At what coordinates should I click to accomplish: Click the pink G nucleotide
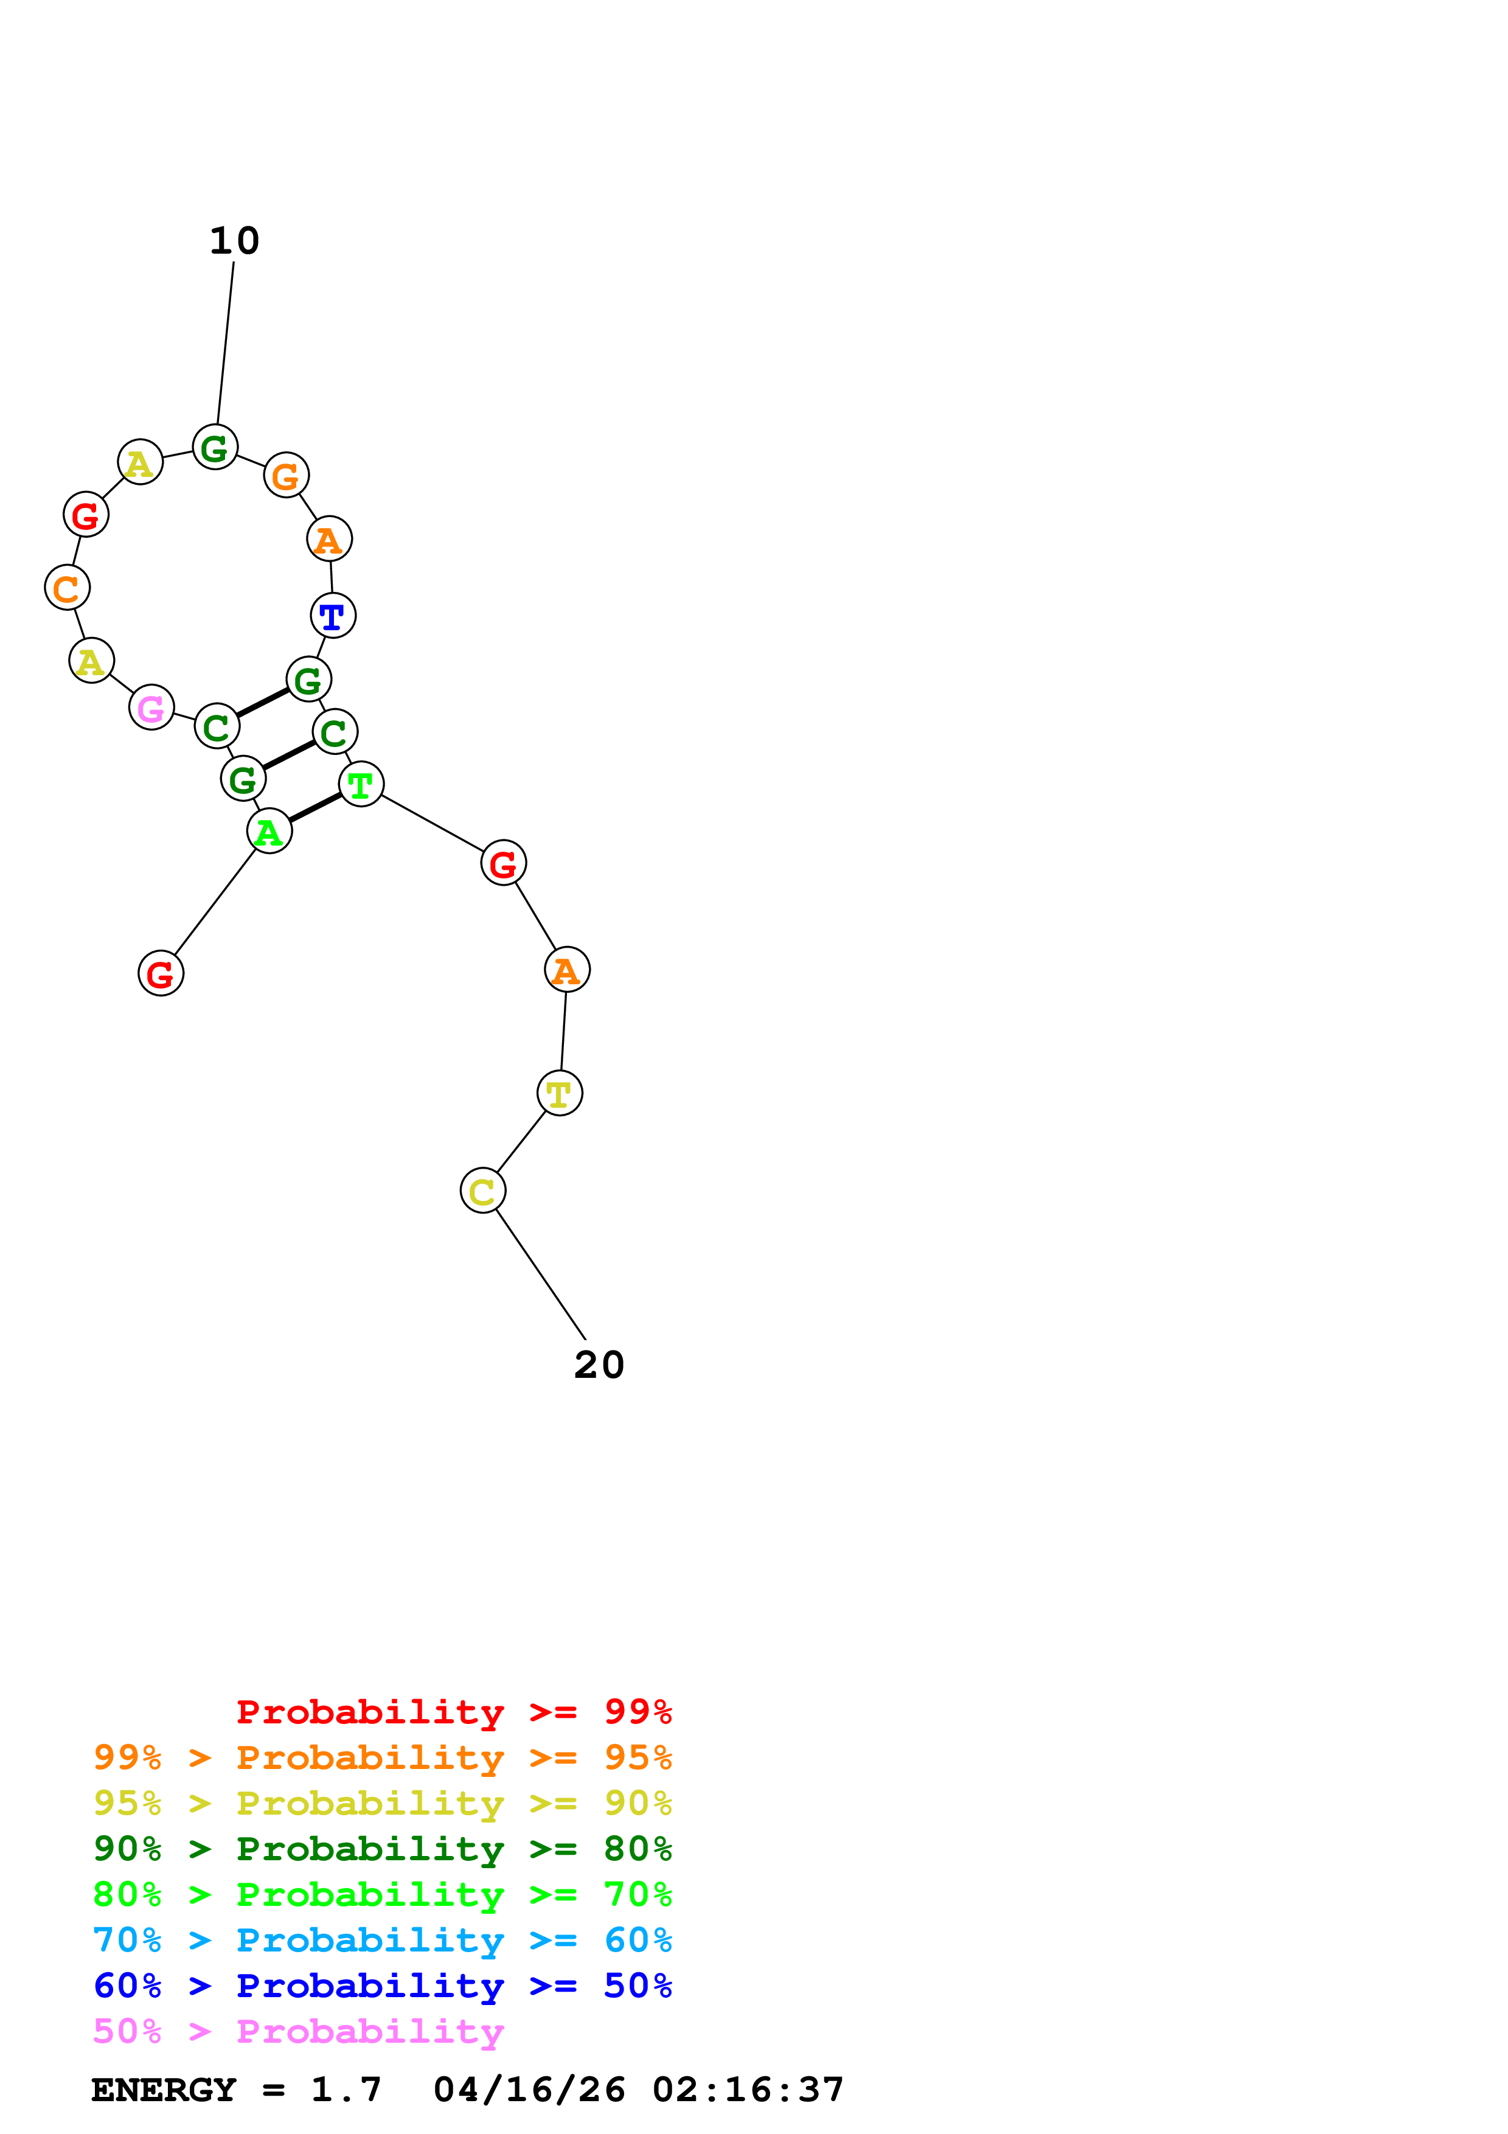coord(151,707)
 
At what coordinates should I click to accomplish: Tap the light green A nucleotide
coord(269,831)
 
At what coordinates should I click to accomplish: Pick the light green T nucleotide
coord(361,785)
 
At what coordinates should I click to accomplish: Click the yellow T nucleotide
coord(560,1093)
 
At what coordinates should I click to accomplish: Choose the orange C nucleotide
coord(67,588)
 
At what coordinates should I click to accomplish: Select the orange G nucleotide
coord(286,476)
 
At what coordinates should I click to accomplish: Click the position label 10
coord(234,241)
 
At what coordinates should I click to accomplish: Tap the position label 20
coord(599,1365)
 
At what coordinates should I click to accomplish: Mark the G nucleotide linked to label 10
coord(215,447)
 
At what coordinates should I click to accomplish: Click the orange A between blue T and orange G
coord(329,539)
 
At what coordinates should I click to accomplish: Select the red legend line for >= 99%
coord(453,1712)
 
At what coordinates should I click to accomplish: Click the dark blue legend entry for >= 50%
coord(382,1986)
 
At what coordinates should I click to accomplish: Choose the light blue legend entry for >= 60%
coord(382,1940)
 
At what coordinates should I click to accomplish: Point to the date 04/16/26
coord(529,2090)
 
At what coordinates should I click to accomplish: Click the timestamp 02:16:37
coord(748,2090)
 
